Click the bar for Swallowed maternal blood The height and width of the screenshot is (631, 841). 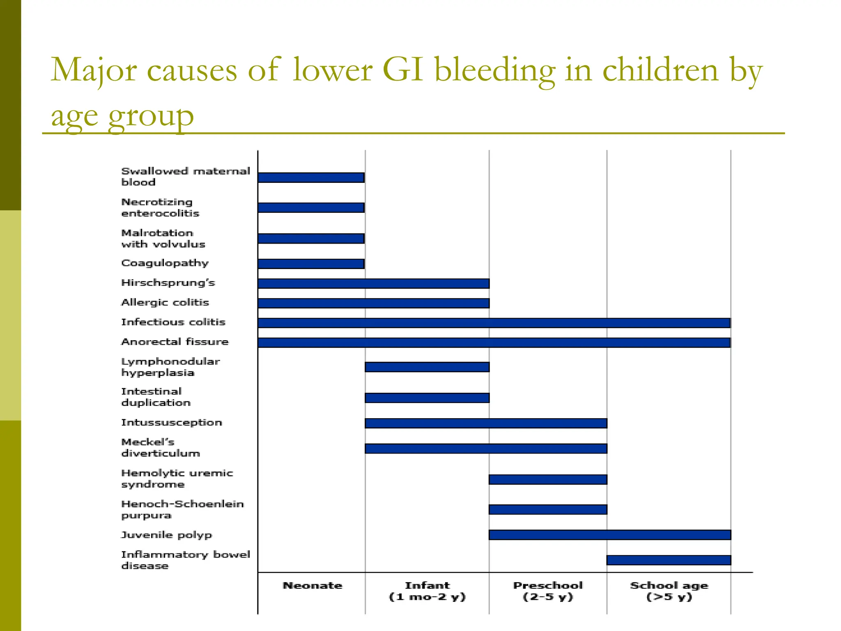[x=311, y=177]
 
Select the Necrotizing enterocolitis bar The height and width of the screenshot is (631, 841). [x=311, y=207]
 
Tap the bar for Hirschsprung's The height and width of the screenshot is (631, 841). [x=374, y=283]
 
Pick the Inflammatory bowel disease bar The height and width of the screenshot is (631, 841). [x=669, y=560]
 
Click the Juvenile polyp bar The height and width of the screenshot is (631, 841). [x=610, y=534]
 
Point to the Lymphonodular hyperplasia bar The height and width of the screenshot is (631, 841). [x=427, y=367]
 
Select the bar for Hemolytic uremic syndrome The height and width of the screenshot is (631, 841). [x=548, y=479]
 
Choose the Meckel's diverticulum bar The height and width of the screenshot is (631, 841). [x=486, y=449]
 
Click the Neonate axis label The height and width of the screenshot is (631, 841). [x=312, y=585]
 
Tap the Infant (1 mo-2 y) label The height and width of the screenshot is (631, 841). [x=427, y=591]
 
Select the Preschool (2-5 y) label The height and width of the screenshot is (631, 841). [x=548, y=591]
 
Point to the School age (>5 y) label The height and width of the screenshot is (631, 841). [x=669, y=591]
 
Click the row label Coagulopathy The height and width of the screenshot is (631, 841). [x=165, y=263]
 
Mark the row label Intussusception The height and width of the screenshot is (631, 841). [x=171, y=422]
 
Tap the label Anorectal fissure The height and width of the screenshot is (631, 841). [x=175, y=342]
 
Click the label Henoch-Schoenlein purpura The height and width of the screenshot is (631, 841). [x=182, y=509]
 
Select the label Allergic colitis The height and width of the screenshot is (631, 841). [x=165, y=302]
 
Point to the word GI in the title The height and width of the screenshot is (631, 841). [x=402, y=70]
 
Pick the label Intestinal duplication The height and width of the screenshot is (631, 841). [x=156, y=397]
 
